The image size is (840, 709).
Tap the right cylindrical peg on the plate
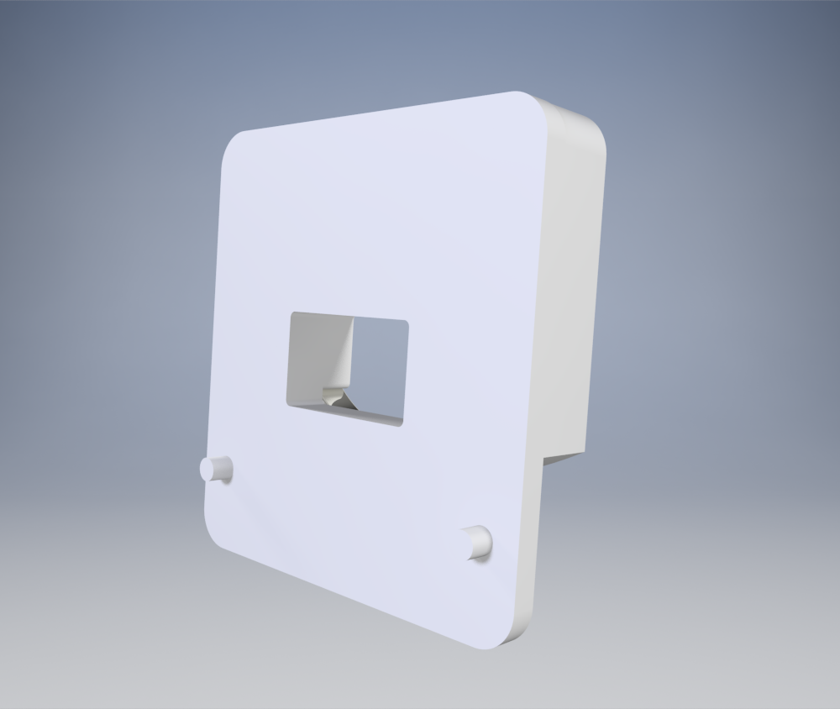[478, 542]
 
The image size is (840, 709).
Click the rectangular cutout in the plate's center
[349, 369]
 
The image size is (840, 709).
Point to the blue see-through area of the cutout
[378, 370]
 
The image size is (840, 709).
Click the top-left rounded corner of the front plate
[234, 144]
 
